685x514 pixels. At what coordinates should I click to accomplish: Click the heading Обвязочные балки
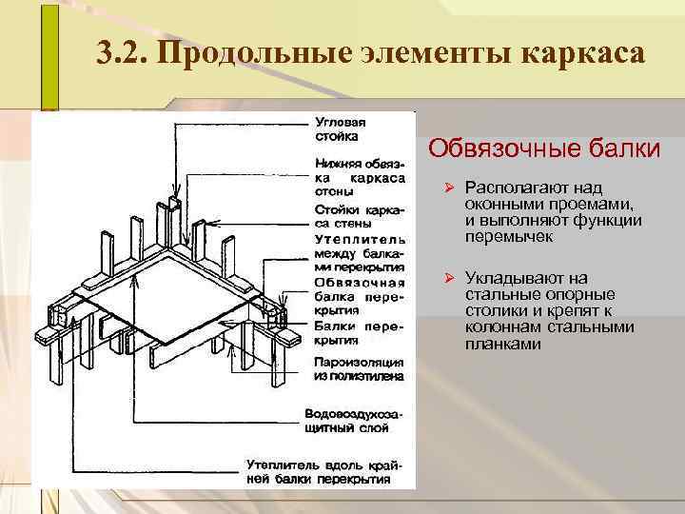coord(544,149)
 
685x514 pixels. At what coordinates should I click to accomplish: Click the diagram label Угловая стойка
coord(342,128)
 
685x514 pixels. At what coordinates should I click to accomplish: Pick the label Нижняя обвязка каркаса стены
coord(360,178)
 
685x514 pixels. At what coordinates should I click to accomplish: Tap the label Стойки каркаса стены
coord(360,215)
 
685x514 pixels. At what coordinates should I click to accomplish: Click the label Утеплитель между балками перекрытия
coord(360,252)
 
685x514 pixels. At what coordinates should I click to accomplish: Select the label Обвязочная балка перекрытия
coord(360,295)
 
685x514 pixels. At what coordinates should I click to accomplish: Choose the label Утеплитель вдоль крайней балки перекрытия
coord(325,471)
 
